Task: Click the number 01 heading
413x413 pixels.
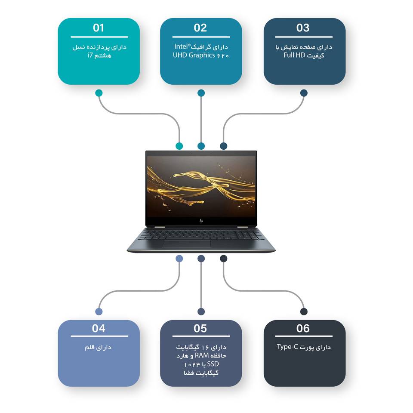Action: point(99,28)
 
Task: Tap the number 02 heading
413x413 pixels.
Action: point(200,28)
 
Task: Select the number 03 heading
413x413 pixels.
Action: point(302,28)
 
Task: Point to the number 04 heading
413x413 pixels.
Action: point(99,328)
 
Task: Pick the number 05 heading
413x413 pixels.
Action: point(200,328)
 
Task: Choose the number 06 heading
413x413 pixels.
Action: point(302,328)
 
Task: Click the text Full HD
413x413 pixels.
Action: point(294,55)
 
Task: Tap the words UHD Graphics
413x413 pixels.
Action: point(194,55)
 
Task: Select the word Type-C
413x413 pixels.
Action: point(287,347)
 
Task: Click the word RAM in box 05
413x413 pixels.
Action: point(202,356)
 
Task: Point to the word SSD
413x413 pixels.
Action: point(213,364)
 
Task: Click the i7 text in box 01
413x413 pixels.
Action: point(90,55)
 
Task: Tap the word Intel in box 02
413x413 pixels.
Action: point(182,46)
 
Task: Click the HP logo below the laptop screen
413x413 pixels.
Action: point(201,221)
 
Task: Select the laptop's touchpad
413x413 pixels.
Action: point(187,244)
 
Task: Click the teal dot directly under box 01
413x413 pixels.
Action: point(99,93)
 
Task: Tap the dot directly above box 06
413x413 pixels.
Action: point(304,311)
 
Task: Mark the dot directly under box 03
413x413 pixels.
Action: point(304,93)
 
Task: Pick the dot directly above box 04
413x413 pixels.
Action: point(99,311)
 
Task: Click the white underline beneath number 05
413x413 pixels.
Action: point(201,336)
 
